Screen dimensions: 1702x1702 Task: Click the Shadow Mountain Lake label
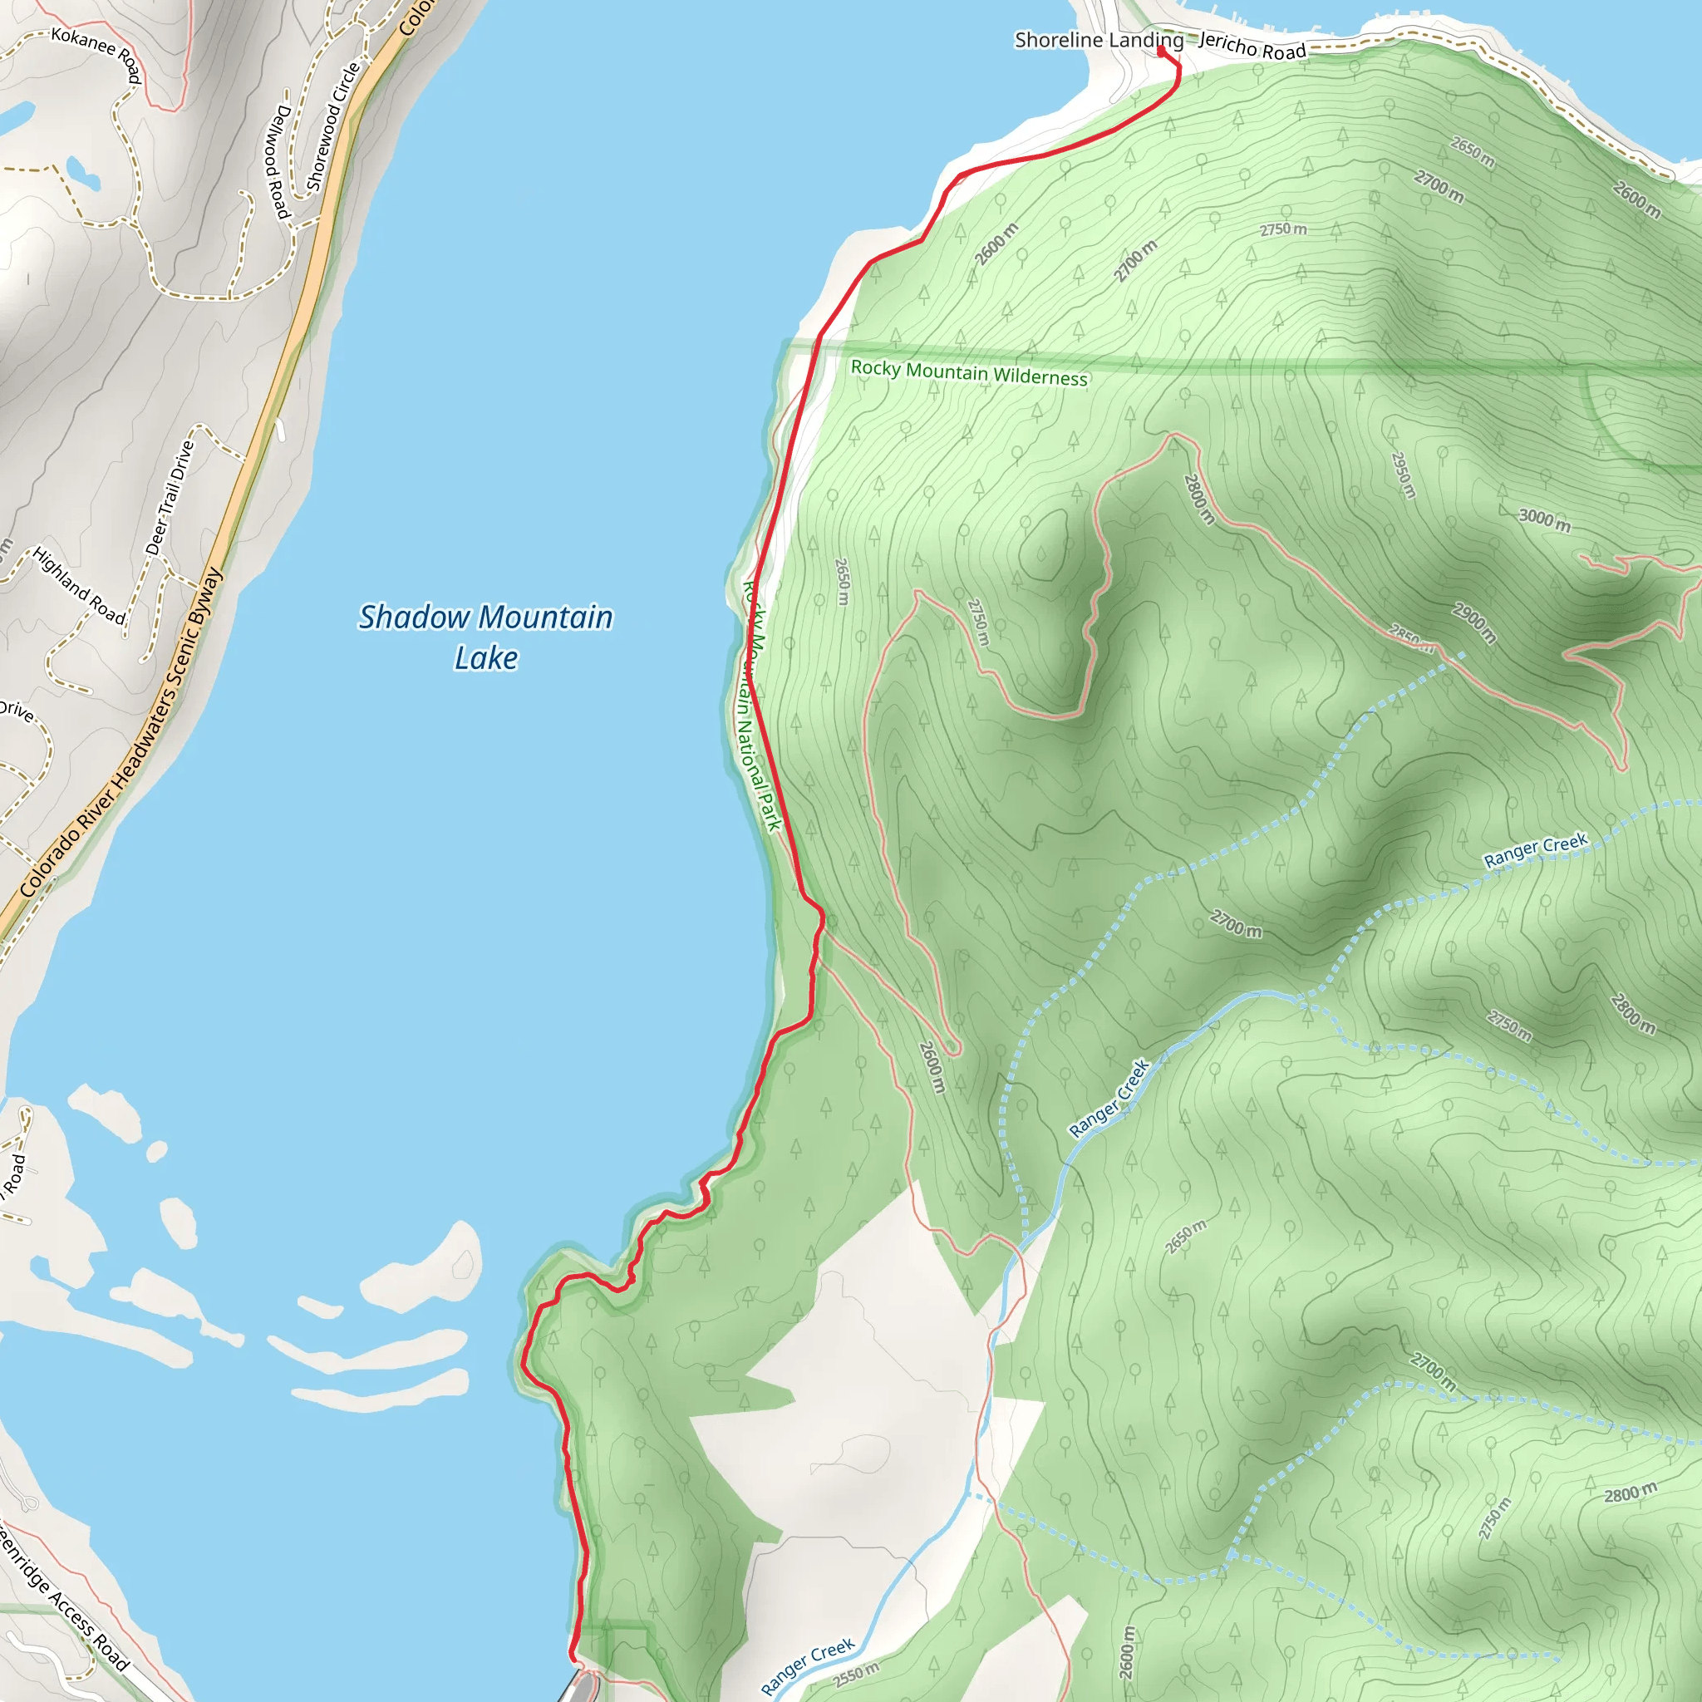[x=485, y=636]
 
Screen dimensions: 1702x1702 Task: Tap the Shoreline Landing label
[x=1099, y=40]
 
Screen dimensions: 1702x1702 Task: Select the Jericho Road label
[x=1252, y=46]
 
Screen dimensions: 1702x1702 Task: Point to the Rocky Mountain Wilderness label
[x=969, y=372]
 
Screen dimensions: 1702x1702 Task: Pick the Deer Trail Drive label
[x=170, y=498]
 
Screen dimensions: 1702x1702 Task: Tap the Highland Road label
[x=79, y=586]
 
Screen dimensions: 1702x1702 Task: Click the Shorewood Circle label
[x=333, y=126]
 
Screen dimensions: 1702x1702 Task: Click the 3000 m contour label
[x=1544, y=519]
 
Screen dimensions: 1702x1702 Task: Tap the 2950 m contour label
[x=1403, y=475]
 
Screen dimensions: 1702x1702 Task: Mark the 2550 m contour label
[x=855, y=1674]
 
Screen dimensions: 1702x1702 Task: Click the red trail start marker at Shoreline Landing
[x=1161, y=50]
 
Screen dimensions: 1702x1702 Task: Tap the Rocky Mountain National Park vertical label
[x=761, y=705]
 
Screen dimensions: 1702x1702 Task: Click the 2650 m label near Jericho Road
[x=1473, y=152]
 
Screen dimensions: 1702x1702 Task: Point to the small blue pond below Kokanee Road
[x=83, y=174]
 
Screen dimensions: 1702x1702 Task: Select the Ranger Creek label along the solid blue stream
[x=1109, y=1099]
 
